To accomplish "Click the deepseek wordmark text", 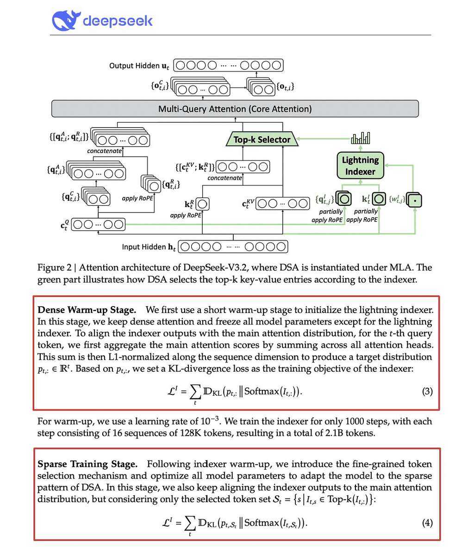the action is tap(118, 21).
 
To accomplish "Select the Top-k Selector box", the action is tap(262, 139).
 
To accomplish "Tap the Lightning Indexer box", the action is tap(360, 166).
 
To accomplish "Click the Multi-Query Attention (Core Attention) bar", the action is tap(235, 109).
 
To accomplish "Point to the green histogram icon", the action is tap(361, 138).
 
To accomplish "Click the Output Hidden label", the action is tap(139, 66).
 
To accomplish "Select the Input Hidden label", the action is tap(149, 247).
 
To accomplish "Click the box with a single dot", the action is tap(415, 200).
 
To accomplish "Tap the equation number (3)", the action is tap(427, 391).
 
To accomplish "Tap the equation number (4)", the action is tap(427, 522).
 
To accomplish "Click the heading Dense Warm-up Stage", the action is tap(87, 310).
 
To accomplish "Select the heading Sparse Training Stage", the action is tap(87, 464).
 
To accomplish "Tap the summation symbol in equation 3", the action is tap(195, 392).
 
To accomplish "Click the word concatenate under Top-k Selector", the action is tap(225, 178).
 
